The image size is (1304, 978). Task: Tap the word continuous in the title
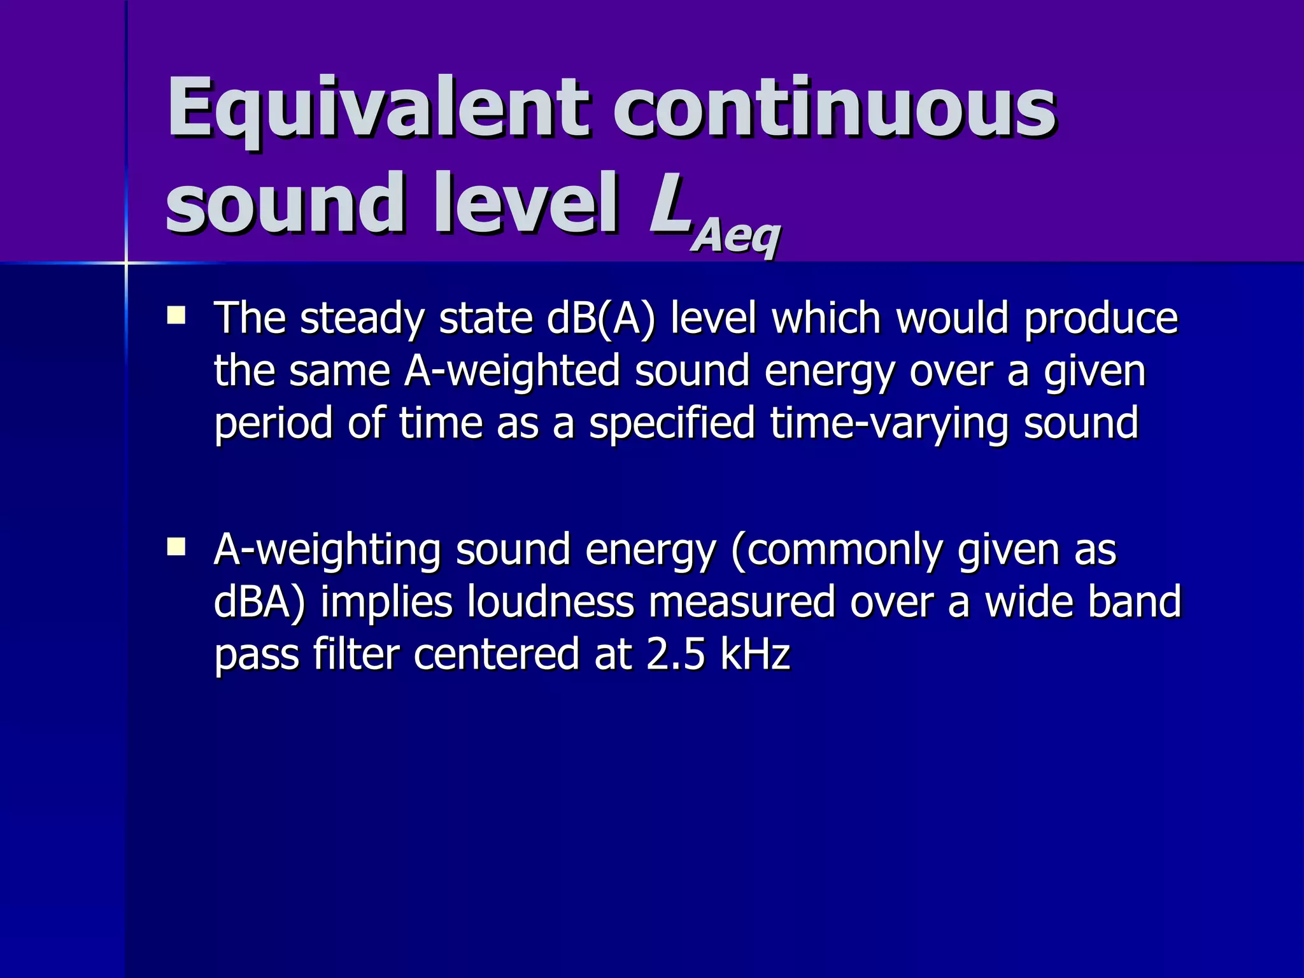tap(835, 108)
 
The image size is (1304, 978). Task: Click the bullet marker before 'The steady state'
tap(176, 316)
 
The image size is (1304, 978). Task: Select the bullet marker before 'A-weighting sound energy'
tap(176, 547)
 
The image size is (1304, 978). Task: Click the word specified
tap(672, 423)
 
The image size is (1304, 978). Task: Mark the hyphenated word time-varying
tap(889, 423)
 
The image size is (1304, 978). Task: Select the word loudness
tap(551, 602)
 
